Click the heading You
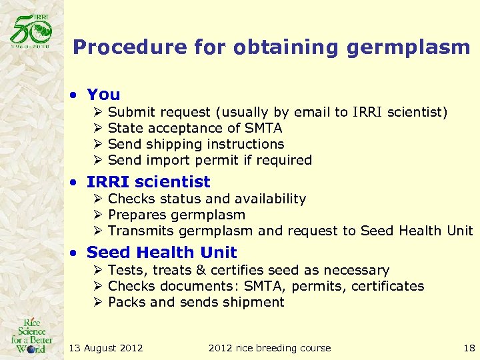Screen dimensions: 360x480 tap(103, 95)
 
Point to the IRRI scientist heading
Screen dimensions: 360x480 tap(148, 181)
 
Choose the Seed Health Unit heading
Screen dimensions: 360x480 tap(161, 252)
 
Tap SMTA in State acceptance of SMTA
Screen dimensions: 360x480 tap(263, 128)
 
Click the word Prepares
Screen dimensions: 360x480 tap(137, 215)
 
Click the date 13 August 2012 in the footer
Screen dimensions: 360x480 tap(106, 347)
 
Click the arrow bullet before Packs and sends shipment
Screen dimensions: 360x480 tap(97, 302)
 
